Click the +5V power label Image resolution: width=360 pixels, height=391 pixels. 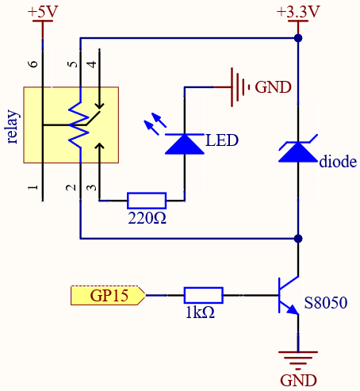(x=43, y=12)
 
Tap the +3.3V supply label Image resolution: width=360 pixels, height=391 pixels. (x=298, y=12)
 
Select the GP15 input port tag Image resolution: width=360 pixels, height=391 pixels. (x=108, y=295)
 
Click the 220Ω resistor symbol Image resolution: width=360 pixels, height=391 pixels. (x=147, y=201)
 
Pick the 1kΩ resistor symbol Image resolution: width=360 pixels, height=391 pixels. (x=204, y=295)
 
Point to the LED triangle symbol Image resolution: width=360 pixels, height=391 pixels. (x=185, y=144)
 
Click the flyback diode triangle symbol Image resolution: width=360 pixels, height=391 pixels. (x=298, y=151)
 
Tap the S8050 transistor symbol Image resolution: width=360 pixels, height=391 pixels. (x=289, y=295)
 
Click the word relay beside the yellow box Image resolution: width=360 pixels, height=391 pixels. (x=12, y=127)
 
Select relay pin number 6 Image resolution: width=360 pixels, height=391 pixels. (x=33, y=63)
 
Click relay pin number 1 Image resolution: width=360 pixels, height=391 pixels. (x=33, y=187)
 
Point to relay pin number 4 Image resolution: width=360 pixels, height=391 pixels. (x=92, y=64)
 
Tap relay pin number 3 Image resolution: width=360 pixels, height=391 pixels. (x=92, y=187)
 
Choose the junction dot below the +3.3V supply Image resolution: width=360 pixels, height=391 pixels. (x=298, y=38)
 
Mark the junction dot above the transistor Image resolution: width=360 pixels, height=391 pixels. (x=298, y=239)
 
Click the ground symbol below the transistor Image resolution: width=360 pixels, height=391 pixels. (x=298, y=360)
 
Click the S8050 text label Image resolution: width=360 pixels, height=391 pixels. (x=326, y=303)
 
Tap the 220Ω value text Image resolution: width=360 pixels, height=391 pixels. (x=147, y=218)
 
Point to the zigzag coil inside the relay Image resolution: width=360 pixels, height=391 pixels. (x=79, y=125)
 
